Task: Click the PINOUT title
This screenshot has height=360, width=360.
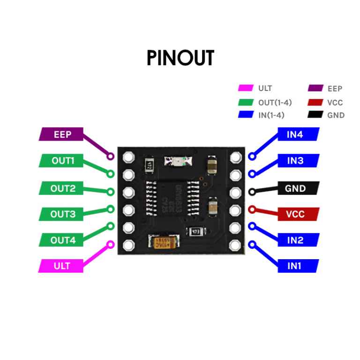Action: [180, 58]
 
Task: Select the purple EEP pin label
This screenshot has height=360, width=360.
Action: [62, 135]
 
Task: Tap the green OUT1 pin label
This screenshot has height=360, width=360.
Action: [63, 161]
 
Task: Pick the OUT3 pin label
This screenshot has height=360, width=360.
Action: [63, 214]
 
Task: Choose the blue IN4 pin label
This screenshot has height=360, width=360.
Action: [295, 135]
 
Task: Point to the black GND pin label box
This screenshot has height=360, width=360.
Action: [295, 188]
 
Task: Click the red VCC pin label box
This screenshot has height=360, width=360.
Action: [295, 214]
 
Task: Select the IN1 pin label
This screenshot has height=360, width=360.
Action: [295, 266]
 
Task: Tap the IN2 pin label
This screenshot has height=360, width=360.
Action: [295, 240]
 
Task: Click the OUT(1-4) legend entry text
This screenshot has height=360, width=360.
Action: [275, 102]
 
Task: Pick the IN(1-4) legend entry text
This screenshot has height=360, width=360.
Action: [271, 115]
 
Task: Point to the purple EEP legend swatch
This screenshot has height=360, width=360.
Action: [315, 88]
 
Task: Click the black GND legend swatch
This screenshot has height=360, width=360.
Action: [315, 115]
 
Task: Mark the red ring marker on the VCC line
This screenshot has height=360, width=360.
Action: [251, 209]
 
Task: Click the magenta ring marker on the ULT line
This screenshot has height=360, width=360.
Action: [112, 244]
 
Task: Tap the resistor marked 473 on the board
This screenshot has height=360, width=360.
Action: [195, 232]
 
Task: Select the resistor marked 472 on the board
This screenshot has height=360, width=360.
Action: [148, 165]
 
